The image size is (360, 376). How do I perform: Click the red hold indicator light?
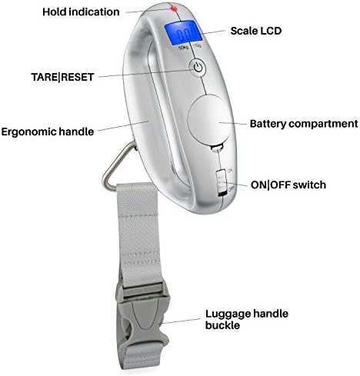pos(175,9)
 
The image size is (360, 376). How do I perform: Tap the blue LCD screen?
pos(183,32)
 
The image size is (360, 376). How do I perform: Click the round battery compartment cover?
pos(208,119)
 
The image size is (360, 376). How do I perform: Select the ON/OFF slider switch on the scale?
pos(222,183)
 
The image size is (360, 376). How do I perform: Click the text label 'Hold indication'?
pos(81,12)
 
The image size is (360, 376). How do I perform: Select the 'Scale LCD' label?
pos(256,31)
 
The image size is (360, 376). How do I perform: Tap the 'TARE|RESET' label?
pos(62,77)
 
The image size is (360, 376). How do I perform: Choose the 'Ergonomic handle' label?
pos(48,131)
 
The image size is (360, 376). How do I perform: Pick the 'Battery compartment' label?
pos(304,124)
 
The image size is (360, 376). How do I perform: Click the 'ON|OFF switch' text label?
pos(288,185)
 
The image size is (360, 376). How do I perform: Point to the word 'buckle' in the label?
pos(222,325)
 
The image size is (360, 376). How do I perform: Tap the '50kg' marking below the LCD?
pos(183,48)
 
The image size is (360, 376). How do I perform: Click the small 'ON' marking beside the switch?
pos(230,170)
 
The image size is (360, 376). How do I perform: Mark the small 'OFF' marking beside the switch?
pos(232,189)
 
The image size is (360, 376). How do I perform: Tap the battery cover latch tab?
pos(217,148)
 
